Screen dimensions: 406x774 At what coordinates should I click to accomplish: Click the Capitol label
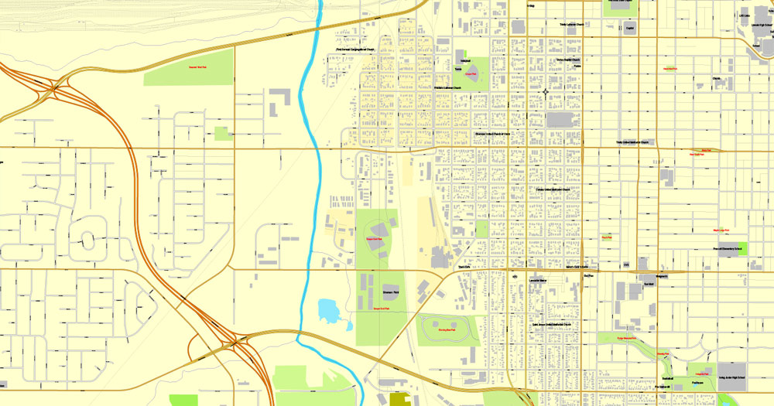click(630, 28)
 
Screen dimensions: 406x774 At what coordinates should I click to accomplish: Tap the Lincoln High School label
click(762, 25)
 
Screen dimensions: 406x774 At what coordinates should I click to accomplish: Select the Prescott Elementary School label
click(728, 248)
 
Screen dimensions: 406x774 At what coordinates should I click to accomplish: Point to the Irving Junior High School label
click(731, 378)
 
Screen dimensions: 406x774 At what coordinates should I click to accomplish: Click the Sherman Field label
click(389, 293)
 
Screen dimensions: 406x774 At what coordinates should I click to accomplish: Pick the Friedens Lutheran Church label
click(447, 88)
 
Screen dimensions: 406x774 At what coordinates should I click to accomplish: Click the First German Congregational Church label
click(355, 51)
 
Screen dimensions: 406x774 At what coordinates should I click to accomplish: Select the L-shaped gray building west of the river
click(279, 101)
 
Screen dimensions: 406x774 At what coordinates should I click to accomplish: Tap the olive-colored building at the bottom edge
click(402, 399)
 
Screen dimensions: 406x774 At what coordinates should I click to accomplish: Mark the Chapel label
click(716, 78)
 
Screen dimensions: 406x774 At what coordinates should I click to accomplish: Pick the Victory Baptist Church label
click(567, 59)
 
